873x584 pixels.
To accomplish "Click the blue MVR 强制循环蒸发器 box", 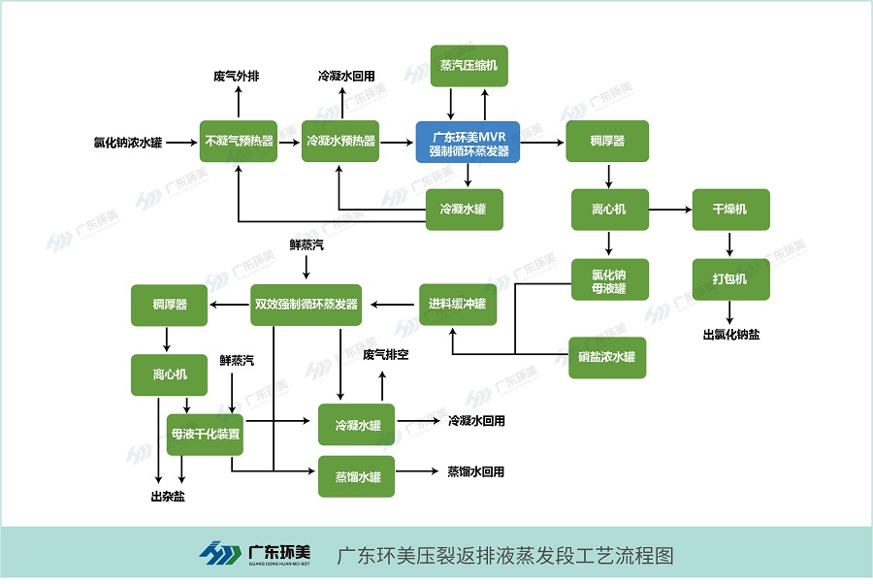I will tap(469, 142).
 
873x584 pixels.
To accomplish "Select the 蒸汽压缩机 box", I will tap(469, 66).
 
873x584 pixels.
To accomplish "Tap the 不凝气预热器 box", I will tap(238, 142).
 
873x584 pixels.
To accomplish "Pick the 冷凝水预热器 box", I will tap(340, 142).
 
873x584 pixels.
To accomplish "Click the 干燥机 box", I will tap(729, 210).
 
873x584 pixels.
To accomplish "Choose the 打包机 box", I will tap(729, 279).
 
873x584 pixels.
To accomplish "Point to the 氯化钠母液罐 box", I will tap(608, 281).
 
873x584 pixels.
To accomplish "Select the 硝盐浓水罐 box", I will tap(606, 357).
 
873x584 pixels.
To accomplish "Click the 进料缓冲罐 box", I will tap(457, 305).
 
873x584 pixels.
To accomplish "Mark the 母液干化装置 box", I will tap(205, 435).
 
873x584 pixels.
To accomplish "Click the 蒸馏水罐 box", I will tap(357, 476).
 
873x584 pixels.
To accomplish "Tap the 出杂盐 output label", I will tap(169, 496).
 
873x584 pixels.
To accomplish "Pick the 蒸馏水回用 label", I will tap(475, 472).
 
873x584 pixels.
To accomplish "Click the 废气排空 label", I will tap(385, 355).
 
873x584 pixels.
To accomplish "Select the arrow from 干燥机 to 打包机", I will tap(729, 244).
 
